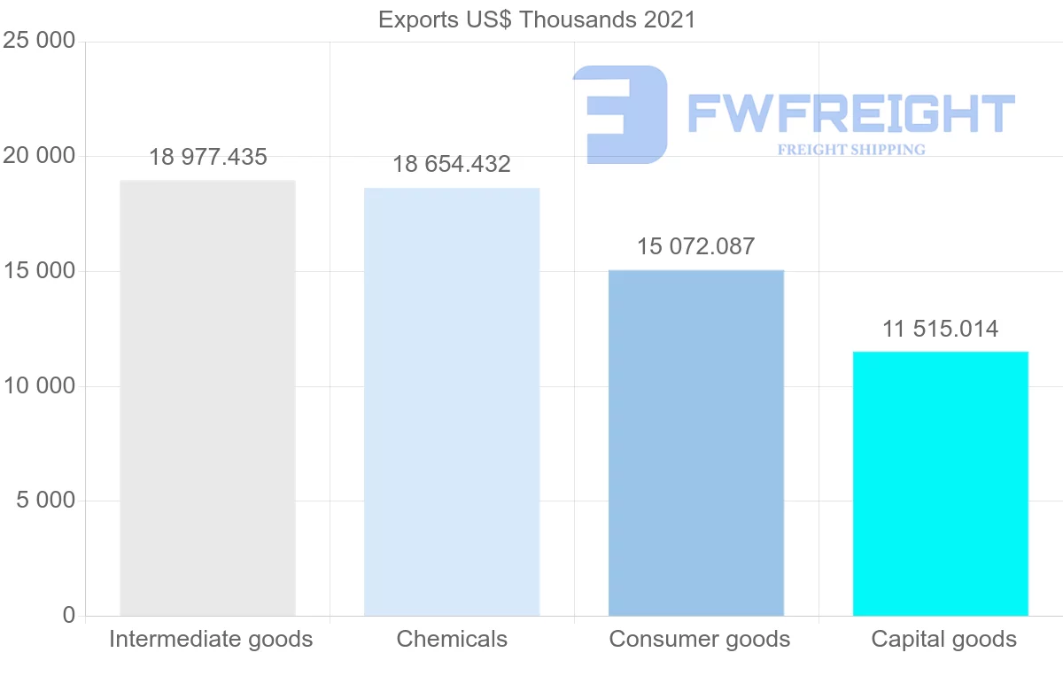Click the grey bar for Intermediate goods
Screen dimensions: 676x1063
[x=207, y=398]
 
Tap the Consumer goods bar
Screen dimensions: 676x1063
[x=696, y=443]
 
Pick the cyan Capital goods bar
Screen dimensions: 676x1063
[x=940, y=484]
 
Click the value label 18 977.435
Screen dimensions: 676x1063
[x=207, y=158]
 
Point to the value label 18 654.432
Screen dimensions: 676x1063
[x=452, y=165]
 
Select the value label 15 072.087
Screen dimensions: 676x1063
[x=696, y=246]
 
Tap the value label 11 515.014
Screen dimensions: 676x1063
[x=940, y=329]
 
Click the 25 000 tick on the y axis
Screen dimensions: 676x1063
[x=39, y=42]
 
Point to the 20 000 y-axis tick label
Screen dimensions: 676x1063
[x=39, y=156]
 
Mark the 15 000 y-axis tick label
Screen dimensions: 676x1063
[x=39, y=271]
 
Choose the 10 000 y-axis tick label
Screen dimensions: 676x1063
[x=39, y=386]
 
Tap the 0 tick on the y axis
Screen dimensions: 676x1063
[x=69, y=615]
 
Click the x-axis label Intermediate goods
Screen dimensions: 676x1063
[x=211, y=639]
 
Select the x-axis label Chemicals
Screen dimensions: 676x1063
[x=452, y=639]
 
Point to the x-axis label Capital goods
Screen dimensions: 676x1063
[x=943, y=639]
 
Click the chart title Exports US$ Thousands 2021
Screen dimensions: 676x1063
[x=537, y=19]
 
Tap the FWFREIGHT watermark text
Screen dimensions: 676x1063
[x=850, y=114]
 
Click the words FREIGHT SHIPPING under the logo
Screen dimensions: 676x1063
[x=850, y=150]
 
